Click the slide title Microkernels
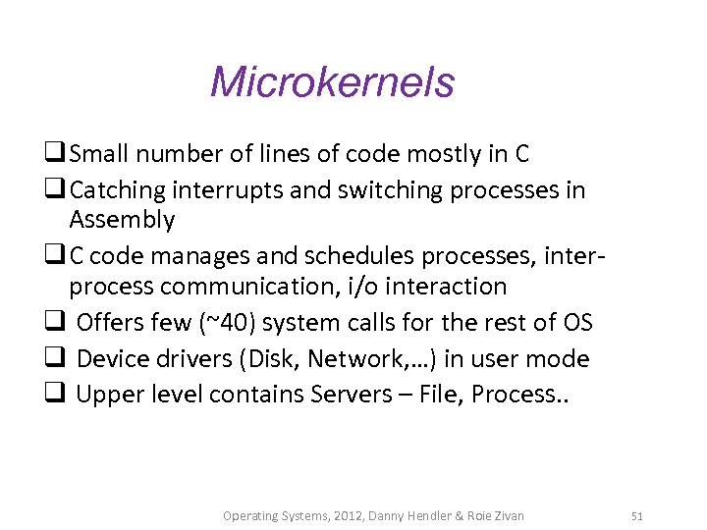(332, 81)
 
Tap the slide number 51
(637, 515)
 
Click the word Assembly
(122, 220)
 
